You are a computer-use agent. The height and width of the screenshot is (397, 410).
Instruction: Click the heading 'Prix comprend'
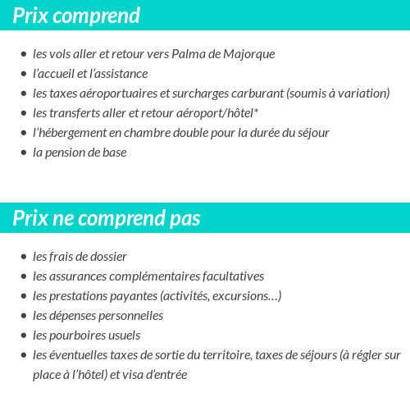(76, 16)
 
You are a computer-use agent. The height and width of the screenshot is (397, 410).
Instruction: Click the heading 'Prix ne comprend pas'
(107, 219)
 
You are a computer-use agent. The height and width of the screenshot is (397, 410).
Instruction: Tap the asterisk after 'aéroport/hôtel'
(257, 112)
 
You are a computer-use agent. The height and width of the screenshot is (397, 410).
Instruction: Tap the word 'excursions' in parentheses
(243, 296)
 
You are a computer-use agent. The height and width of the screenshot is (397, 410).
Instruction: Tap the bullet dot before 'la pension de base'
(24, 153)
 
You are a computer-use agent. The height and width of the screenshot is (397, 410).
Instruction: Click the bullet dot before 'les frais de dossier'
(24, 258)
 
